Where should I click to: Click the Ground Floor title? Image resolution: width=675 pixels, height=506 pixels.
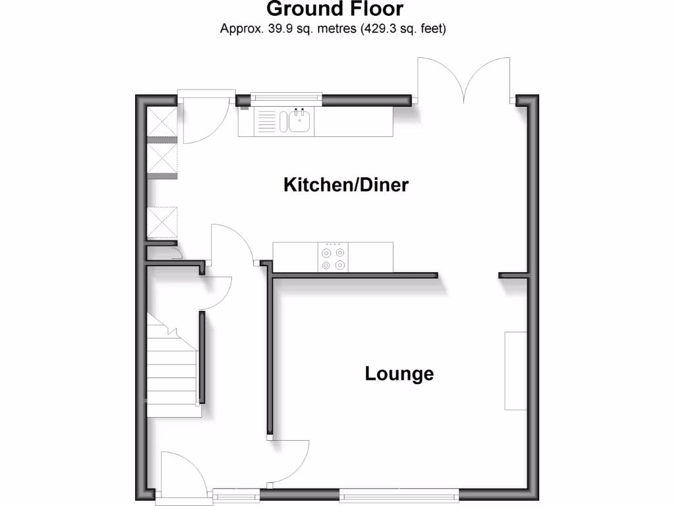tap(335, 9)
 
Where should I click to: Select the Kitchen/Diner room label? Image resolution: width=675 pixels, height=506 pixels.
tap(346, 184)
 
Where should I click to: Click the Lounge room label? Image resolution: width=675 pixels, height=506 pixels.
tap(399, 374)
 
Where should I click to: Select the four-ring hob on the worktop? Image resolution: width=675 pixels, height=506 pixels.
tap(332, 257)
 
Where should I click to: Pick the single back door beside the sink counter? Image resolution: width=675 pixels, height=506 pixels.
tap(204, 119)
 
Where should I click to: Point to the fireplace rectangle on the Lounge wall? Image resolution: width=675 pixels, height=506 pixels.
tap(515, 370)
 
